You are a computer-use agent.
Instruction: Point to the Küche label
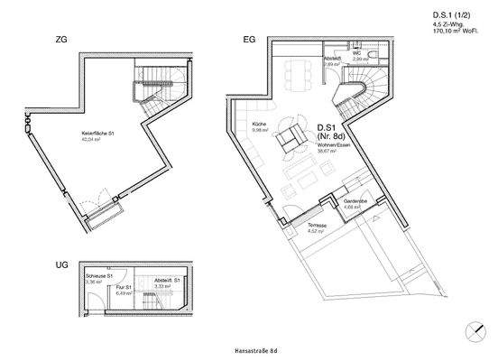coord(260,125)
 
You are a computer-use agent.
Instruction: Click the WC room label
coord(356,53)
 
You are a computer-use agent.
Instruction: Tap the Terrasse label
coord(316,225)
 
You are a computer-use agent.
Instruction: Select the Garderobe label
coord(354,200)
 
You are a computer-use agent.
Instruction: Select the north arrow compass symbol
coord(475,332)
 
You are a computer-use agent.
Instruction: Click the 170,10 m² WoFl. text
coord(460,31)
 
